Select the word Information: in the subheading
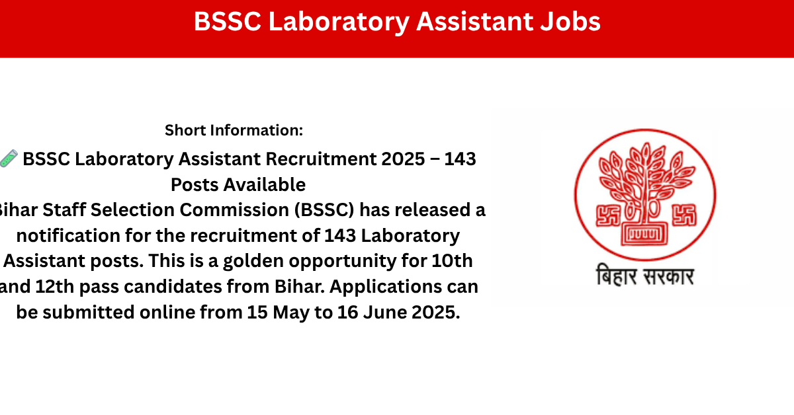257,130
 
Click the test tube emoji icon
9,159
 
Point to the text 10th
453,261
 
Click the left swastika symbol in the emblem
607,215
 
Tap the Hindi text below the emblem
644,276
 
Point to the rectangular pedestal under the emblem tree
644,234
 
